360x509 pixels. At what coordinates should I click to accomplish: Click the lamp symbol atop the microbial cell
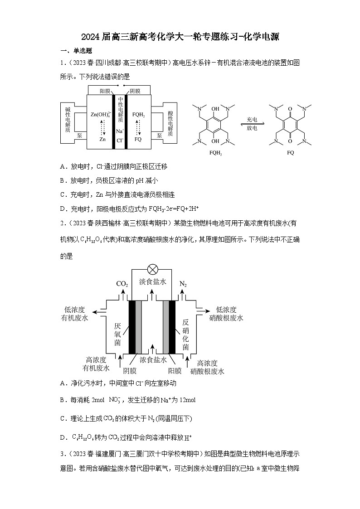tap(153, 270)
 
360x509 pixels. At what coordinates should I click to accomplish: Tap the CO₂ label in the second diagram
tap(122, 284)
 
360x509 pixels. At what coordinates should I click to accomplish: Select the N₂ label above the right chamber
tap(183, 284)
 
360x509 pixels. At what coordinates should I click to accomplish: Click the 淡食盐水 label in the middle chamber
tap(153, 281)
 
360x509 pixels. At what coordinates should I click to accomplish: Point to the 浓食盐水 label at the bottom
tap(153, 359)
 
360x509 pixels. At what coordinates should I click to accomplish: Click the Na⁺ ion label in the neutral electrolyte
tap(120, 131)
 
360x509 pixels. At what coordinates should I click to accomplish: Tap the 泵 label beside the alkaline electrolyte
tap(80, 135)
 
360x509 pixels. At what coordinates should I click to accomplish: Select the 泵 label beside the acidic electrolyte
tap(159, 135)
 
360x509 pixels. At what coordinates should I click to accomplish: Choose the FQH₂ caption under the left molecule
tap(216, 153)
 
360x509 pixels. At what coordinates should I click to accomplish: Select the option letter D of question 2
tap(63, 437)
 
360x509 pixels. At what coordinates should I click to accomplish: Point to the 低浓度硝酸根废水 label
tap(226, 314)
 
